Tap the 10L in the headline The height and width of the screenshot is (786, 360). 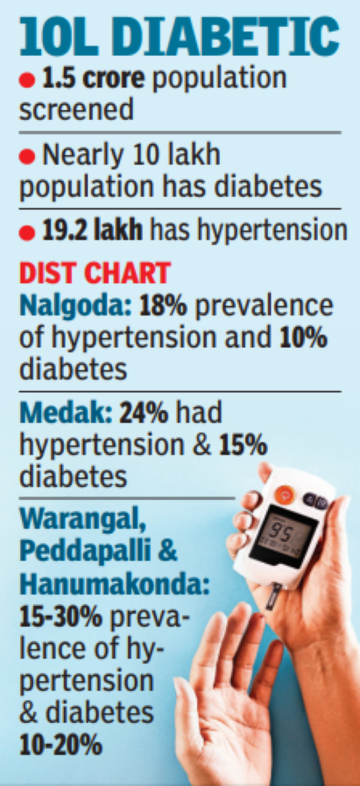pyautogui.click(x=59, y=38)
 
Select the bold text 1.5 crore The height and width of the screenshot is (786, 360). pyautogui.click(x=93, y=78)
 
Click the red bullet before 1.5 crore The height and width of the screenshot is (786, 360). pyautogui.click(x=27, y=80)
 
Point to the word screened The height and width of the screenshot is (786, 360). pyautogui.click(x=76, y=110)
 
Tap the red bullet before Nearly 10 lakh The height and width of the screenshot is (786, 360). pyautogui.click(x=27, y=156)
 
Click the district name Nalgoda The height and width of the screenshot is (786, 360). pyautogui.click(x=76, y=307)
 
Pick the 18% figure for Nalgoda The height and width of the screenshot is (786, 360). pyautogui.click(x=163, y=306)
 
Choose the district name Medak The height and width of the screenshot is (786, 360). pyautogui.click(x=66, y=413)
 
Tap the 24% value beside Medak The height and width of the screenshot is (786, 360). pyautogui.click(x=143, y=413)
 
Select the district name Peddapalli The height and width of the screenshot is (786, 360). pyautogui.click(x=85, y=552)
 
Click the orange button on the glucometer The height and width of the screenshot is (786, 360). pyautogui.click(x=285, y=495)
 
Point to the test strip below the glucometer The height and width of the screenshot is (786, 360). pyautogui.click(x=272, y=596)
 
